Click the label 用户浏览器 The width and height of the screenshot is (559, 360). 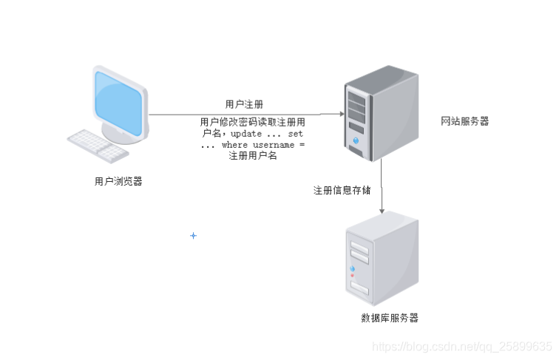point(118,181)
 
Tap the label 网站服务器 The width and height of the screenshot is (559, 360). point(464,121)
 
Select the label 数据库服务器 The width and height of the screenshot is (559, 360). point(390,318)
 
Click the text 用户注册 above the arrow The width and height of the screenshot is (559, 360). point(244,104)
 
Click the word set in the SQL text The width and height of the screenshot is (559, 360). point(296,135)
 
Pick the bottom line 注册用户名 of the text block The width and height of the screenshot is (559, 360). point(252,156)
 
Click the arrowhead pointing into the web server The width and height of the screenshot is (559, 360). point(341,115)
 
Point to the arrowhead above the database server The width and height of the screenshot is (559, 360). point(382,211)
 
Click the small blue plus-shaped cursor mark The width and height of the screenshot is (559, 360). point(194,235)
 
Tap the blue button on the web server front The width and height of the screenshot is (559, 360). point(356,140)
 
